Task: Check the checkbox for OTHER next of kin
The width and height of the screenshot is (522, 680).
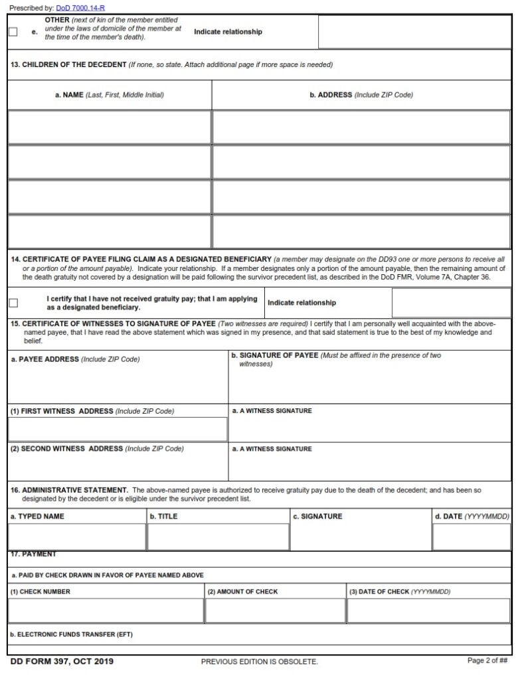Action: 13,32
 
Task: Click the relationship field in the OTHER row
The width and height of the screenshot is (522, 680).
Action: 414,32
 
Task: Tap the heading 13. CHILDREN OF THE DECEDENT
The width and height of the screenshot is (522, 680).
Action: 74,64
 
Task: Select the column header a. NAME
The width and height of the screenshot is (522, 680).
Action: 110,95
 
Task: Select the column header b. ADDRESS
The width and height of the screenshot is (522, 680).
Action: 361,95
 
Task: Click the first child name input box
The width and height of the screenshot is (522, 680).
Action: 110,127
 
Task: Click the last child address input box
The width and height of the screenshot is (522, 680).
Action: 361,232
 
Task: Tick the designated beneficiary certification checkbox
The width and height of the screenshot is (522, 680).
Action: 13,303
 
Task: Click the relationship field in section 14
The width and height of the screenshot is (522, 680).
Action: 451,303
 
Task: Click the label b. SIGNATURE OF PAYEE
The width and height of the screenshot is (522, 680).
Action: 275,356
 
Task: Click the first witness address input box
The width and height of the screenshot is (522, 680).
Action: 118,429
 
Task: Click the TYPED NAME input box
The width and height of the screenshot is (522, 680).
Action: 76,537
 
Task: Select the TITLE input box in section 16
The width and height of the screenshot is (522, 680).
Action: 217,537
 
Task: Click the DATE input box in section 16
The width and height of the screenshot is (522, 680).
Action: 472,537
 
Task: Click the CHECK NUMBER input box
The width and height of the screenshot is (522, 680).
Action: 106,611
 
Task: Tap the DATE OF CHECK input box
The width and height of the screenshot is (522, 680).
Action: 428,611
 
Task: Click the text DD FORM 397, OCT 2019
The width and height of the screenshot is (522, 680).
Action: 62,661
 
